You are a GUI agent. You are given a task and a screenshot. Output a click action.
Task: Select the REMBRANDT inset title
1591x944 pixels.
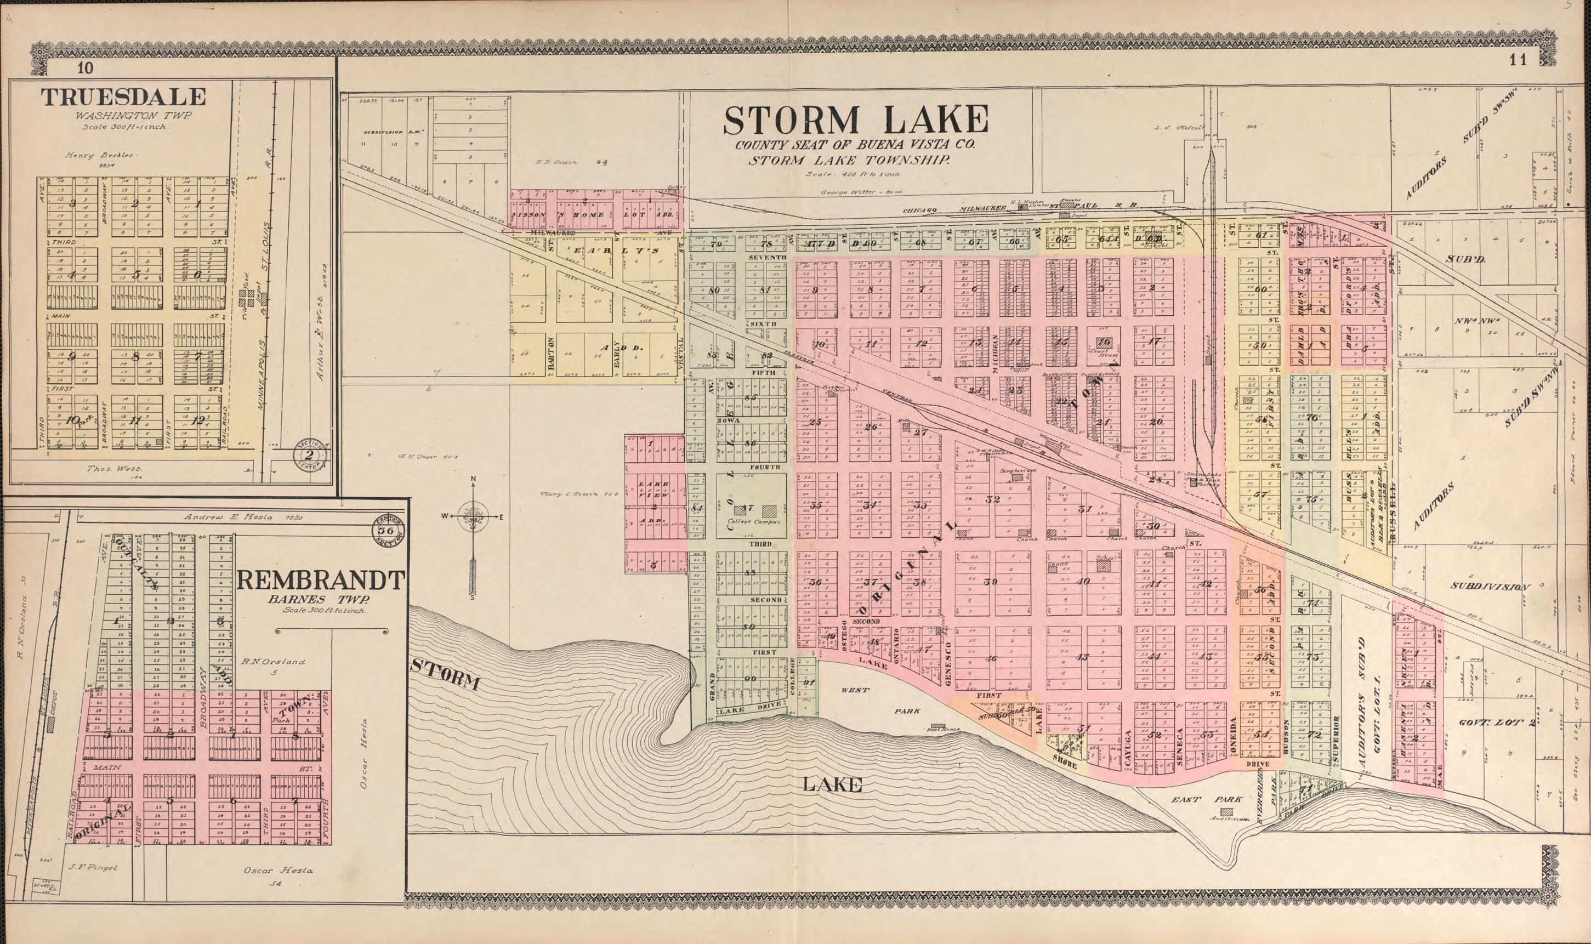[320, 581]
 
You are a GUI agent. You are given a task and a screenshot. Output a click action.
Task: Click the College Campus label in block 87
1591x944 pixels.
[751, 521]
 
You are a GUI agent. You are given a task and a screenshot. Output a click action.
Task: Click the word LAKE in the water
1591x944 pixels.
[832, 785]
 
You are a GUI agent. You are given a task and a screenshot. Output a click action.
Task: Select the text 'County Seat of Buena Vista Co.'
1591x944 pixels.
[854, 145]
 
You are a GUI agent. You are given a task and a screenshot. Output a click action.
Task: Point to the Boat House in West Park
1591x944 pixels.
[937, 726]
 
